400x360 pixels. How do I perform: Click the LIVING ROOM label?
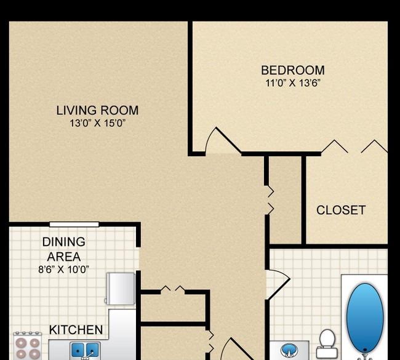pos(97,111)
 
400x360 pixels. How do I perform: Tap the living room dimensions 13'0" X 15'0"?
pos(98,124)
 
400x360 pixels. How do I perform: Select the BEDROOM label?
pos(292,70)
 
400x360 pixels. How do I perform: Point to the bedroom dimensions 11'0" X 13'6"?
pos(292,83)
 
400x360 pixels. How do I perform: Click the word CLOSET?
pos(341,210)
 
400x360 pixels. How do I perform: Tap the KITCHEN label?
pos(76,330)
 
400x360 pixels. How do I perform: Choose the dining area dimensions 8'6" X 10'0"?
pos(63,269)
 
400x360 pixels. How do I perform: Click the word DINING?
pos(64,242)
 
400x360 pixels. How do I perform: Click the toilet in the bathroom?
pos(327,343)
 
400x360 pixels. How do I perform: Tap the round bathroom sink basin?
pos(289,350)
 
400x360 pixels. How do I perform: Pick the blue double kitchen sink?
pos(85,350)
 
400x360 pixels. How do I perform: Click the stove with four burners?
pos(28,346)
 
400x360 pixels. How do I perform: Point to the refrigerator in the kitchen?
pos(121,289)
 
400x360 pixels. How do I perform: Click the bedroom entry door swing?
pos(223,140)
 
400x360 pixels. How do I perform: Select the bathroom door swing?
pos(278,284)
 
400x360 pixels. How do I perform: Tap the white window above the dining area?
pos(74,224)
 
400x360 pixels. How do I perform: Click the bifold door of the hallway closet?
pos(271,200)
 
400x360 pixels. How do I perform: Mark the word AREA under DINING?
pos(64,257)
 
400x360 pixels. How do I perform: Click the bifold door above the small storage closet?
pos(173,289)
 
